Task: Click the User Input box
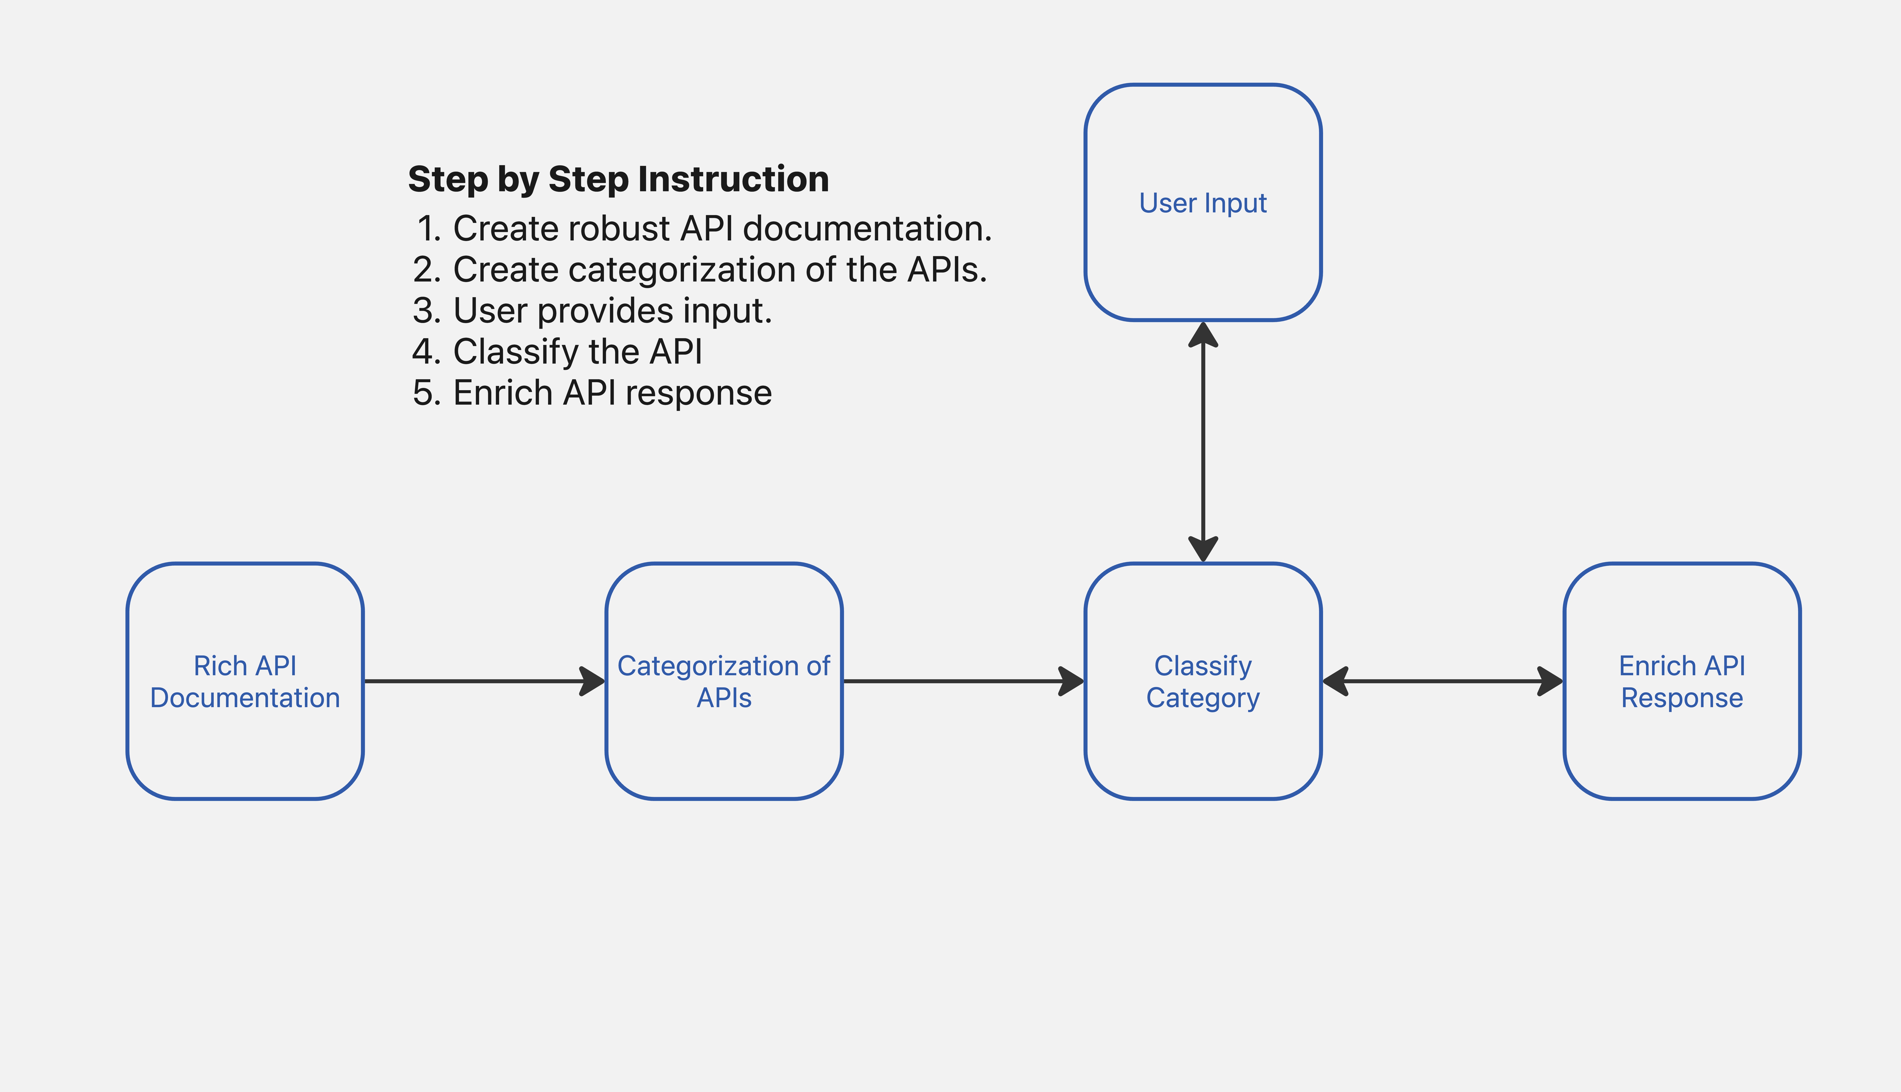(x=1203, y=203)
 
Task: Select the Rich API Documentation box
(x=245, y=681)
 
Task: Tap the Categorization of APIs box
(x=724, y=681)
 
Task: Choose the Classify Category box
(x=1203, y=681)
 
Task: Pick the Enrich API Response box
(x=1682, y=681)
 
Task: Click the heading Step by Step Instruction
(x=618, y=179)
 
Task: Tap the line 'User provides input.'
(x=593, y=311)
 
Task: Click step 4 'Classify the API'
(x=557, y=352)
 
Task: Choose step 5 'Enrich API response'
(x=593, y=393)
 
